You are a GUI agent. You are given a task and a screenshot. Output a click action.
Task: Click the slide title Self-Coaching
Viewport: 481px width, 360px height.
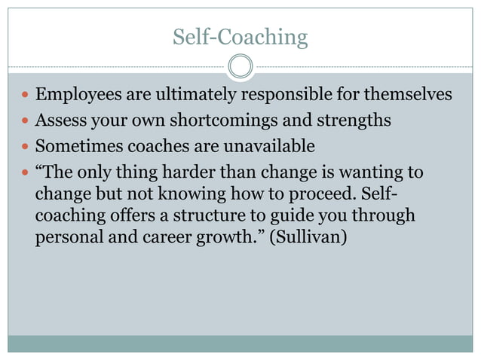(240, 37)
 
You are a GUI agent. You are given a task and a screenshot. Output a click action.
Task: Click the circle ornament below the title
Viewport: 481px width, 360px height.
(240, 66)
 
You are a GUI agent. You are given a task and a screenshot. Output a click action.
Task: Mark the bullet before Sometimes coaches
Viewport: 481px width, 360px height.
(24, 145)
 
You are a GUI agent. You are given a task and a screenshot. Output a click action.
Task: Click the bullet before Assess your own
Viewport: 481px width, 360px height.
(24, 121)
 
